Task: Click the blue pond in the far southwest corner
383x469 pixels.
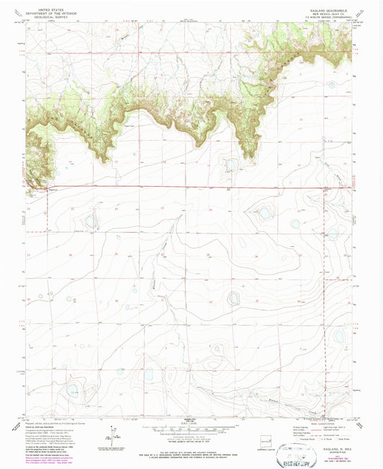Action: tap(73, 390)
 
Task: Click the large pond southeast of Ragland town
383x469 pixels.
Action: tap(90, 222)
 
